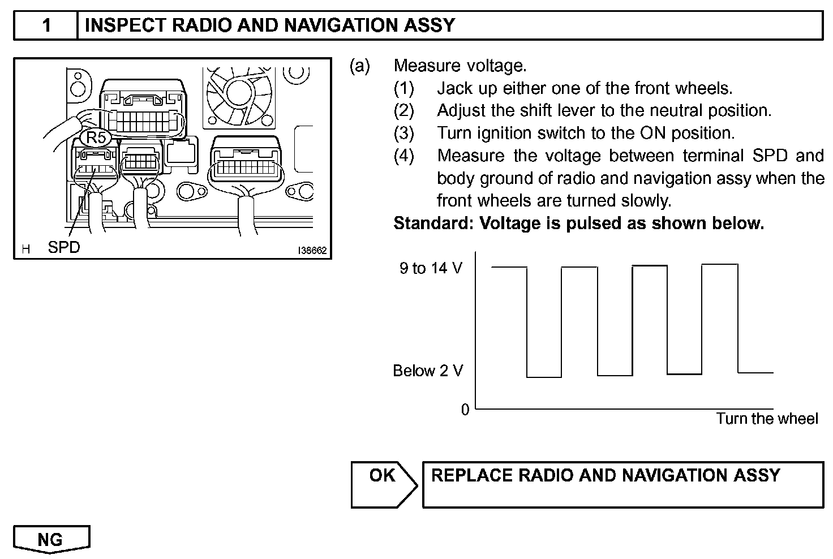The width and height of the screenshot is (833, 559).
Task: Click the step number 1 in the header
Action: pos(46,25)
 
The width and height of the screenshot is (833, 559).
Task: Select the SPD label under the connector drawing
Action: pos(64,247)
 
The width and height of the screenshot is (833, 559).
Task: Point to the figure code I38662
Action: pos(313,251)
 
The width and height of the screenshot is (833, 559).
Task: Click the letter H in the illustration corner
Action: pos(25,249)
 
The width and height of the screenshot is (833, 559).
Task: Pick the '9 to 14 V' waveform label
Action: pos(431,268)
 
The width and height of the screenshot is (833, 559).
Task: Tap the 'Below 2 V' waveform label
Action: pos(428,371)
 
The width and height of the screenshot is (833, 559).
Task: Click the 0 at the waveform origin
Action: pos(465,410)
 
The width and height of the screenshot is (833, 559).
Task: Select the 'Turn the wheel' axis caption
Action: pos(767,419)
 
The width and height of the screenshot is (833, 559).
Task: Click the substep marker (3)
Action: pos(404,134)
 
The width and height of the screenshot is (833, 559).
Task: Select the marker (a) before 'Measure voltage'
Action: pos(360,66)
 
